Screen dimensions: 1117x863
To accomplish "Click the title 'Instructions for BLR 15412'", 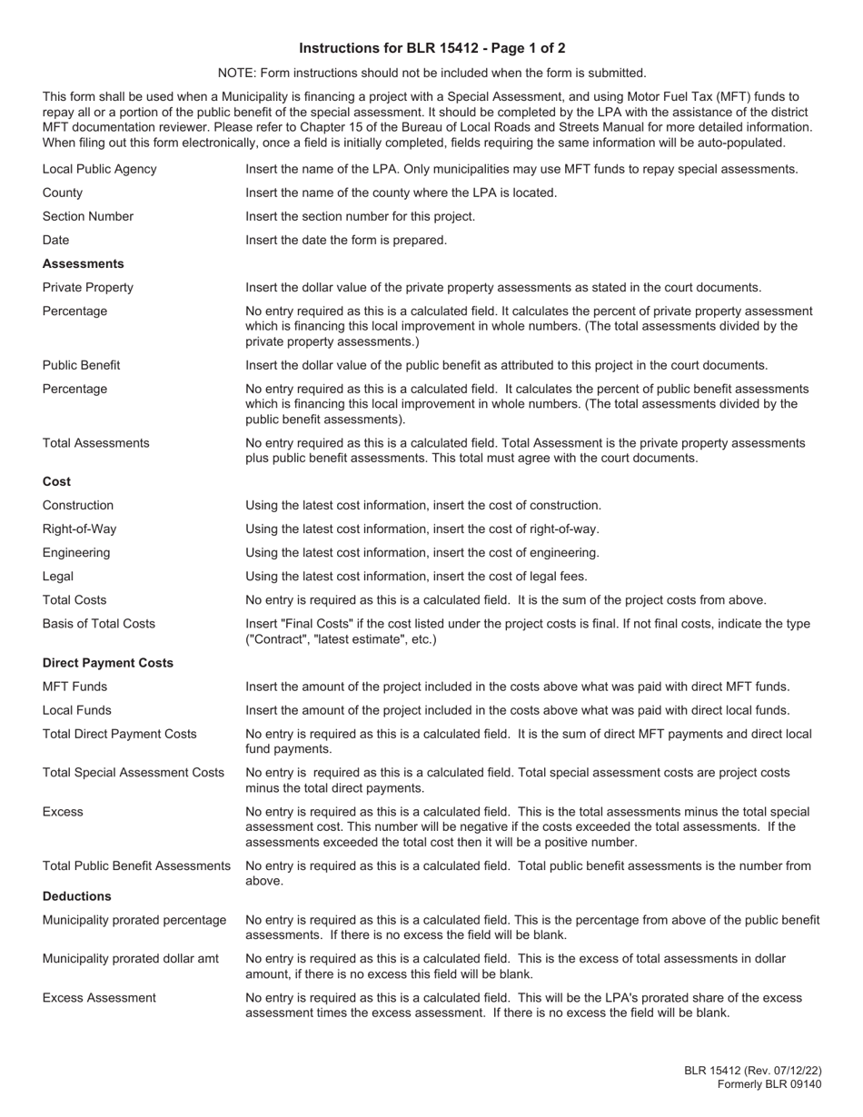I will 431,48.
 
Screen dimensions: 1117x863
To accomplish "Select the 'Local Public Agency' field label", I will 99,169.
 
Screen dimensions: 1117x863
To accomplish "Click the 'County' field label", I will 63,193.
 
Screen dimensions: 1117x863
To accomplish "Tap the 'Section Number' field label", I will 88,216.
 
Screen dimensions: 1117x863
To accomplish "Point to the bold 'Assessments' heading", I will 84,263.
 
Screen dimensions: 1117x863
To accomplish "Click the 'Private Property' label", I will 88,287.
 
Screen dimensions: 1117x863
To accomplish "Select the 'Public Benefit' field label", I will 82,365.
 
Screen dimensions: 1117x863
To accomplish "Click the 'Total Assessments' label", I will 96,443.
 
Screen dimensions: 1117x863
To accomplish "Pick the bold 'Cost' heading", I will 56,481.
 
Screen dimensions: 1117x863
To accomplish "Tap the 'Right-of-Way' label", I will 80,529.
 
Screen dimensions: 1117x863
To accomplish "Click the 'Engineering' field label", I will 76,552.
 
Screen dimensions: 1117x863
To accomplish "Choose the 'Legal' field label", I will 58,576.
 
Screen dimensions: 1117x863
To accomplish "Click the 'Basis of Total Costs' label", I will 99,623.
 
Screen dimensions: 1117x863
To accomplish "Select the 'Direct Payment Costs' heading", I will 108,663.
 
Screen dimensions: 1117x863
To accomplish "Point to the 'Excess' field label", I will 63,812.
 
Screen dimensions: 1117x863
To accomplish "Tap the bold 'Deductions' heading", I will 77,896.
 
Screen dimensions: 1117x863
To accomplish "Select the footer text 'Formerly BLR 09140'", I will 769,1084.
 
